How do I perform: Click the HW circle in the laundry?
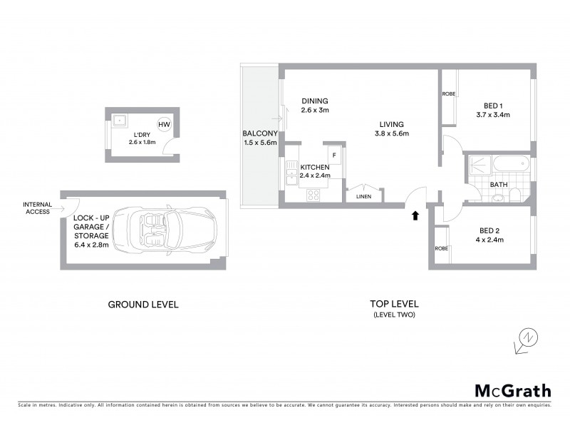coord(164,125)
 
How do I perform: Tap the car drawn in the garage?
coord(170,230)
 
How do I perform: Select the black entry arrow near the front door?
coord(415,215)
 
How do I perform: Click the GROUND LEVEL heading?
coord(142,305)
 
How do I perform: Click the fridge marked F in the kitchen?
coord(333,154)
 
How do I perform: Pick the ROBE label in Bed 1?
coord(448,94)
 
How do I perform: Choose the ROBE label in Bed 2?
coord(441,248)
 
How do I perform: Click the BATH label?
coord(498,185)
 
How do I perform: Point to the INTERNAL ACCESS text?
coord(37,208)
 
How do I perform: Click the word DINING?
coord(314,101)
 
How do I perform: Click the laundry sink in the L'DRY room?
coord(118,121)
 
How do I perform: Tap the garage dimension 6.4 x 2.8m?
coord(90,245)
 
